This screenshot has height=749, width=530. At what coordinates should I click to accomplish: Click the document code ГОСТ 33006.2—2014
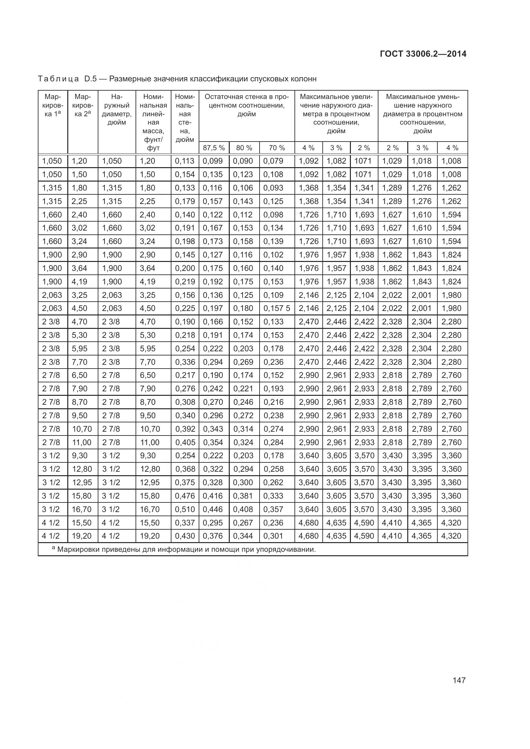423,54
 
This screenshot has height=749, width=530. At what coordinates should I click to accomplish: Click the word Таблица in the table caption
58,79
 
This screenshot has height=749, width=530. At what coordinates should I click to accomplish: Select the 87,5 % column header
214,148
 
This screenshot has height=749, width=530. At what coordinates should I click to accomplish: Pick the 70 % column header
277,148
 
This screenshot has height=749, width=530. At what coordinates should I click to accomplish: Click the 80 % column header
244,148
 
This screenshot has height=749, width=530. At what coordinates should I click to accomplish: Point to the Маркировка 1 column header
53,105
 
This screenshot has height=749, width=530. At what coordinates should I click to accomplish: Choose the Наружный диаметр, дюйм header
117,110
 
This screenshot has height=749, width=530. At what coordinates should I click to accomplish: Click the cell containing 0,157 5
277,308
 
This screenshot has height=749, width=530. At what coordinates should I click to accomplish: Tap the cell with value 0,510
185,509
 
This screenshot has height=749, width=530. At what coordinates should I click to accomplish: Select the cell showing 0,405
185,442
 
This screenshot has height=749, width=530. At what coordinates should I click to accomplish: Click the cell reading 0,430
185,536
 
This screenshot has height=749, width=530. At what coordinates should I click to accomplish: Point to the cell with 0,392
185,429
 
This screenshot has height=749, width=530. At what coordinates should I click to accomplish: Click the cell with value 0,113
185,161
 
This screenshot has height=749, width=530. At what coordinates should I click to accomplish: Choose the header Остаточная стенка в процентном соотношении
246,105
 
